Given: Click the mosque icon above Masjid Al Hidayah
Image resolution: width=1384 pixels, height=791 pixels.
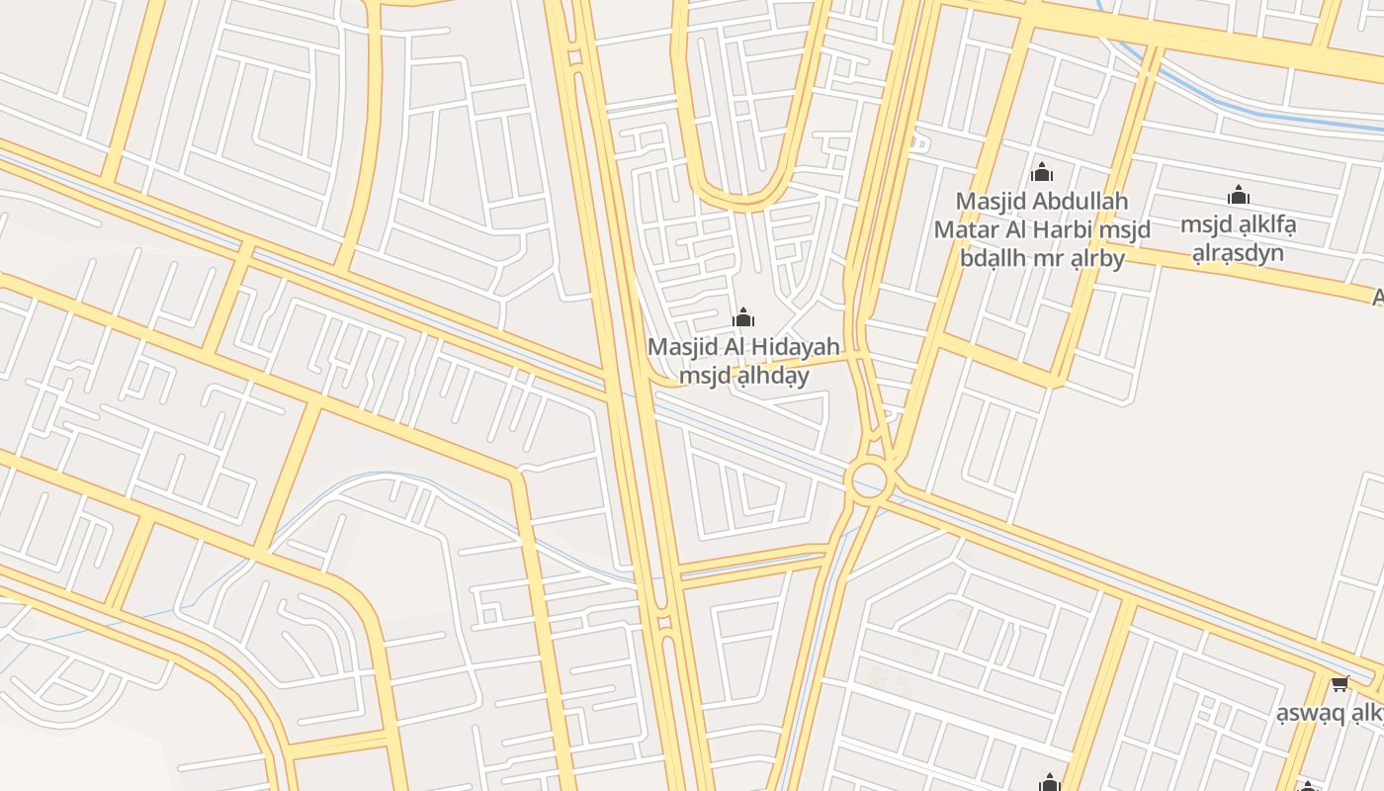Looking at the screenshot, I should (x=743, y=318).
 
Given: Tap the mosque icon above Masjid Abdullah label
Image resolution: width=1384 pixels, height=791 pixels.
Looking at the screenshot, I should (x=1042, y=173).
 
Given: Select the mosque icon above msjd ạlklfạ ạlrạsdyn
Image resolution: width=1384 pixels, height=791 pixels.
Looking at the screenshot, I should (x=1239, y=195).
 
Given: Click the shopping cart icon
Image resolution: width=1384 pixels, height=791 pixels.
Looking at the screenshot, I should (x=1340, y=683).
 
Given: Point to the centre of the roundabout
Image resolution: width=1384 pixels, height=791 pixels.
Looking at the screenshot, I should (x=869, y=482).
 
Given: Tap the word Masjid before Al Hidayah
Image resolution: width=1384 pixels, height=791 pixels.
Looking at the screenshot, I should (x=682, y=347).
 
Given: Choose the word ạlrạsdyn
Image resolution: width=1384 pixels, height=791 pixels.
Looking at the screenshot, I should (x=1238, y=253).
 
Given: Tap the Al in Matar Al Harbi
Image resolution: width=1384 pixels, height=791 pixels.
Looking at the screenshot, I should (x=1021, y=230).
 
